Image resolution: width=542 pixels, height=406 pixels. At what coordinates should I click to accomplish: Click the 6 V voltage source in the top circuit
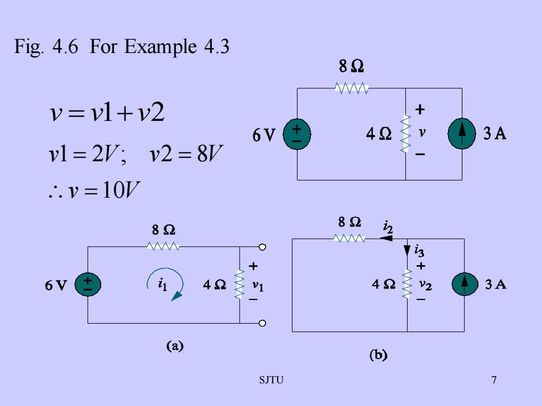point(297,134)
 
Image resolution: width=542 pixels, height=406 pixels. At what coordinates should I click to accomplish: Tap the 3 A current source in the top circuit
point(462,134)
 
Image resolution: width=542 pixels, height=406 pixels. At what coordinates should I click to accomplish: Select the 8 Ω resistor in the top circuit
point(352,88)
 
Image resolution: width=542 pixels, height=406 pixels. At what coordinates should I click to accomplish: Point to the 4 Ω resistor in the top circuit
point(405,134)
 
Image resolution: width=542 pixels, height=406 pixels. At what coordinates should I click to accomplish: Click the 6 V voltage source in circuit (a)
point(88,284)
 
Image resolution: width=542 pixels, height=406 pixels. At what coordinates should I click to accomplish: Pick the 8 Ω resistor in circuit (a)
point(163,246)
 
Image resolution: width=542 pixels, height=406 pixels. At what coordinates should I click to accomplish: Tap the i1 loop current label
point(163,284)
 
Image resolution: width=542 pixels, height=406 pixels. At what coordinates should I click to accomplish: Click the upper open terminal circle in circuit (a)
point(262,247)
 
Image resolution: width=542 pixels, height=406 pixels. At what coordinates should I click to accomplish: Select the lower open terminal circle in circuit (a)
point(262,323)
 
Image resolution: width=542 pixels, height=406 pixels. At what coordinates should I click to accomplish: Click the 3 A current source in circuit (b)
point(465,284)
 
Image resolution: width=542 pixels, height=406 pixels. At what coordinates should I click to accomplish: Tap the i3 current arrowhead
point(407,250)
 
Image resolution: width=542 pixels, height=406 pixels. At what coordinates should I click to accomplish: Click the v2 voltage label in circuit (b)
point(425,284)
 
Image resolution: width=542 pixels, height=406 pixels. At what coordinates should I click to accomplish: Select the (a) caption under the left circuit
point(175,346)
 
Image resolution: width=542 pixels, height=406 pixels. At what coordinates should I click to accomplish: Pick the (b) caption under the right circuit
point(378,355)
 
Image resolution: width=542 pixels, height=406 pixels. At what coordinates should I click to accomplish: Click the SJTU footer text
point(272,380)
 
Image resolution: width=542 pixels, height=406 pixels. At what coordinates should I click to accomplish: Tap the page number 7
point(494,380)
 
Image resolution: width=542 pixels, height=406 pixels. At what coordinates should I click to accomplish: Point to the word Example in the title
point(160,47)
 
